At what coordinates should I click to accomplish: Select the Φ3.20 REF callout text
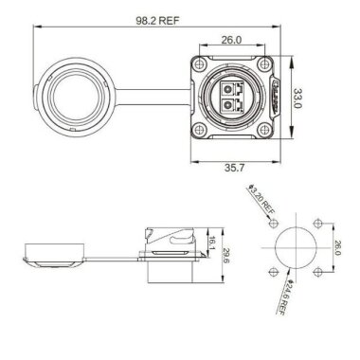click(261, 200)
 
